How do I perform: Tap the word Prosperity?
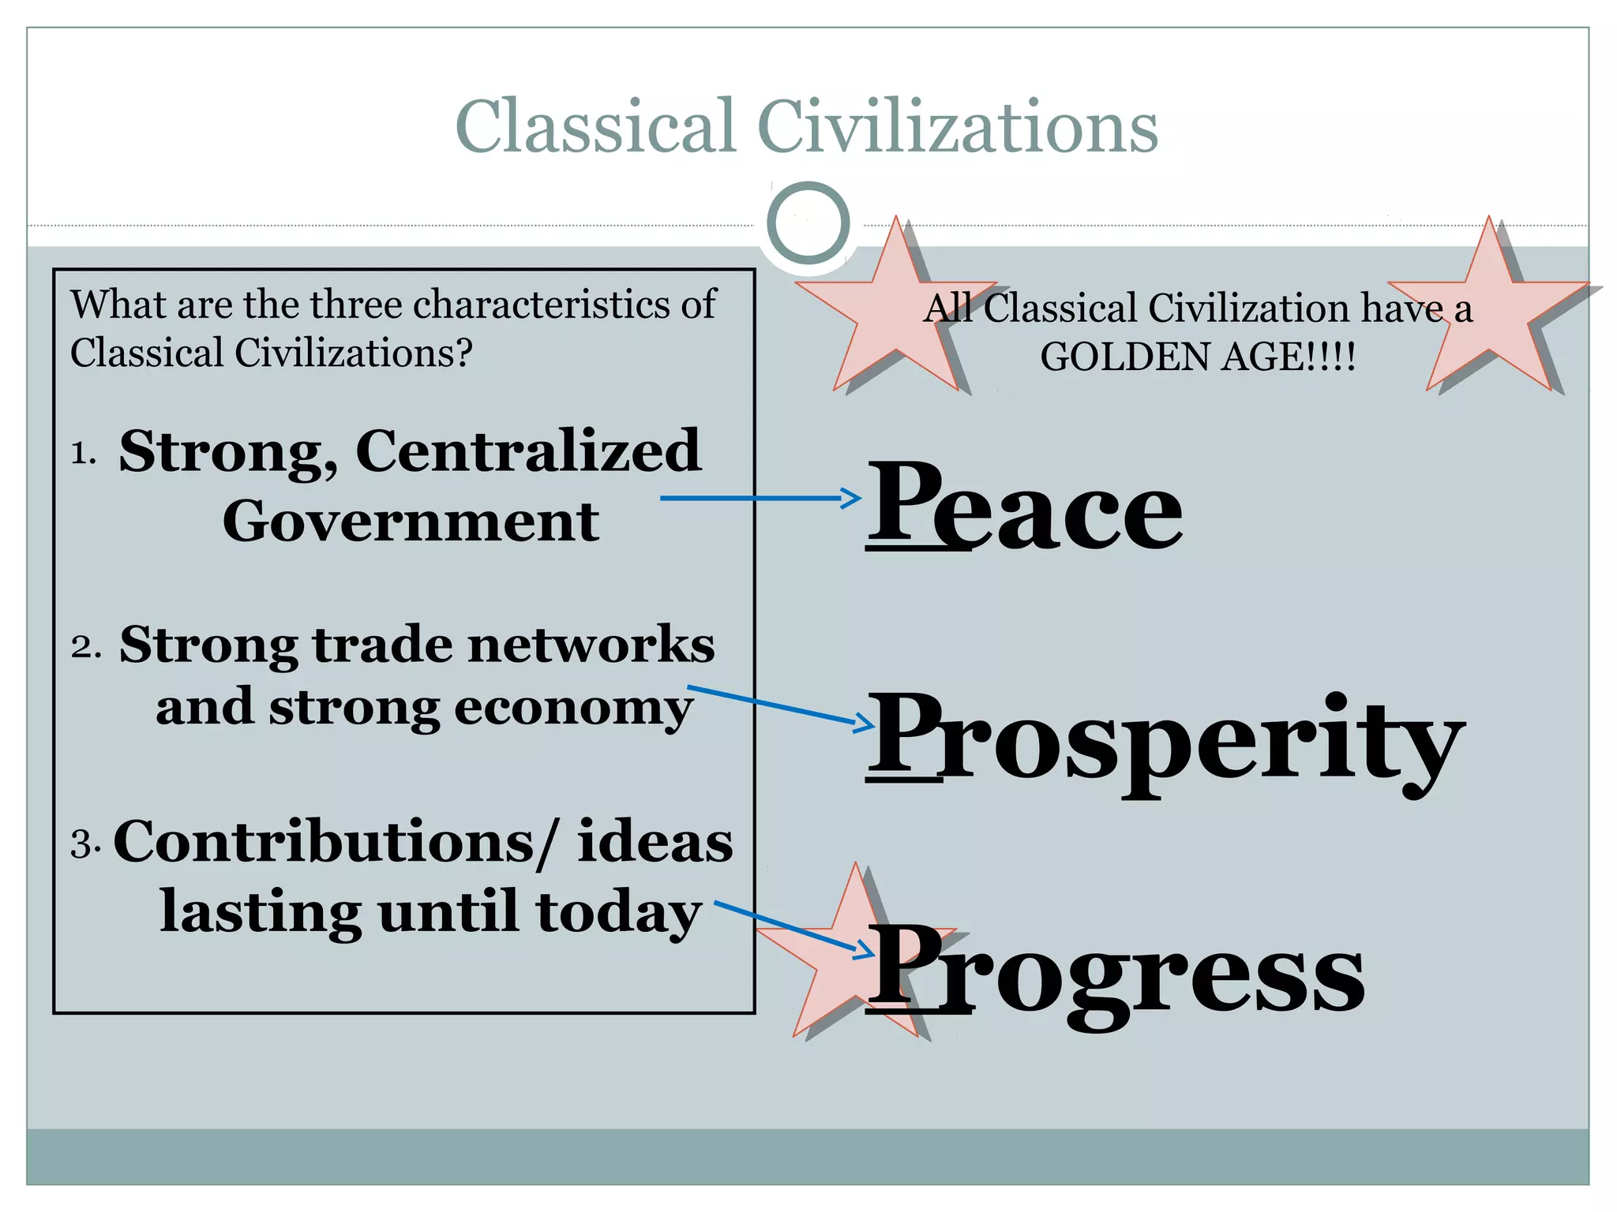(1165, 738)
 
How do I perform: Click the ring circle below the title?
(808, 223)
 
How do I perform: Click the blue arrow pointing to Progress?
(793, 928)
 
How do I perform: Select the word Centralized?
(528, 451)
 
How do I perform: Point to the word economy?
(574, 707)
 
